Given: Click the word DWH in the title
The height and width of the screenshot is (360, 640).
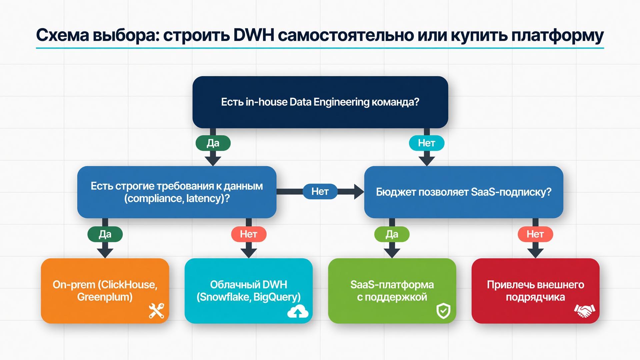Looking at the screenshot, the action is tap(254, 35).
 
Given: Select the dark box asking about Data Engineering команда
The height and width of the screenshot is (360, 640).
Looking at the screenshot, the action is tap(320, 102).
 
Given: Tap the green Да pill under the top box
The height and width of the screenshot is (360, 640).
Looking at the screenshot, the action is tap(213, 143).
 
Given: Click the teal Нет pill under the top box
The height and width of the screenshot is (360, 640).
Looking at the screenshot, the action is tap(427, 143).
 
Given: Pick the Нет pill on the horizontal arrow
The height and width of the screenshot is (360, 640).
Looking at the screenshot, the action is tap(320, 191).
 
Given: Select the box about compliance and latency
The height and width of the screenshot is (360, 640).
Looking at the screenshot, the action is tap(177, 192).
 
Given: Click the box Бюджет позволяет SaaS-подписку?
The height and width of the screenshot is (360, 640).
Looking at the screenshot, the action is tap(464, 192).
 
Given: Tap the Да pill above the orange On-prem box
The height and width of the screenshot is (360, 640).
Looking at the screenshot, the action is tap(105, 234).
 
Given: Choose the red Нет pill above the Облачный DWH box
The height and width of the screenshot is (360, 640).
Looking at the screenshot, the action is tap(249, 234).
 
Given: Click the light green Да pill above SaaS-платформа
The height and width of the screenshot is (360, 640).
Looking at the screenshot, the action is tap(392, 234).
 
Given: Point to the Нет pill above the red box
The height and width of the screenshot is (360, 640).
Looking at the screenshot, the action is tap(535, 234).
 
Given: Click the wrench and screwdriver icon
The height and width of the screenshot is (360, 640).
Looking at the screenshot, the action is tap(156, 311).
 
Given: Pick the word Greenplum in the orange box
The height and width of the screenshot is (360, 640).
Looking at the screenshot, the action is tap(105, 297).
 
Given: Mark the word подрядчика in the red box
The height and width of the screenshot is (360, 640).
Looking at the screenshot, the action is tap(535, 297).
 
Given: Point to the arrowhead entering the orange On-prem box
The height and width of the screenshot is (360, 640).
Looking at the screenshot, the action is tap(105, 253).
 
